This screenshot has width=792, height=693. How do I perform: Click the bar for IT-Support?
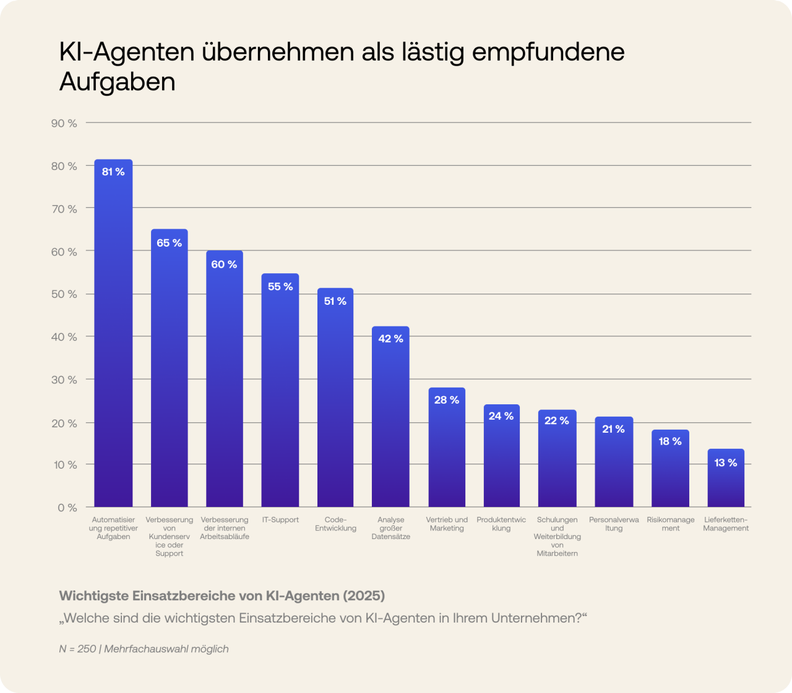280,396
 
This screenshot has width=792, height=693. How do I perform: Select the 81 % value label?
113,172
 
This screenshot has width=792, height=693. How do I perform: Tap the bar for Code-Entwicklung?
335,402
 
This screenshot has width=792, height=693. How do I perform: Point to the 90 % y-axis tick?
64,124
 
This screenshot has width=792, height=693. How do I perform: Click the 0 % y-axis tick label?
67,508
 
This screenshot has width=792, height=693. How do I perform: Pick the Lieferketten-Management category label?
726,524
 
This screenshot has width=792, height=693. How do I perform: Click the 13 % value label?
726,463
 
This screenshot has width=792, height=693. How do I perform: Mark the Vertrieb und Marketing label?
447,524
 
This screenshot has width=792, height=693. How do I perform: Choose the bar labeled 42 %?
390,420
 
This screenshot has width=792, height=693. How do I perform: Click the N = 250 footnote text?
78,649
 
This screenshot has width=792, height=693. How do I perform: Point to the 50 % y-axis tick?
64,294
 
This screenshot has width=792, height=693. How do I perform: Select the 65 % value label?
169,243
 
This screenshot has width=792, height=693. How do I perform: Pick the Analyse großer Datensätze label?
391,528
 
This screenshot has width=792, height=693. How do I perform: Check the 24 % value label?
501,416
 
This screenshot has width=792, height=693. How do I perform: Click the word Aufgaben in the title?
118,82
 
